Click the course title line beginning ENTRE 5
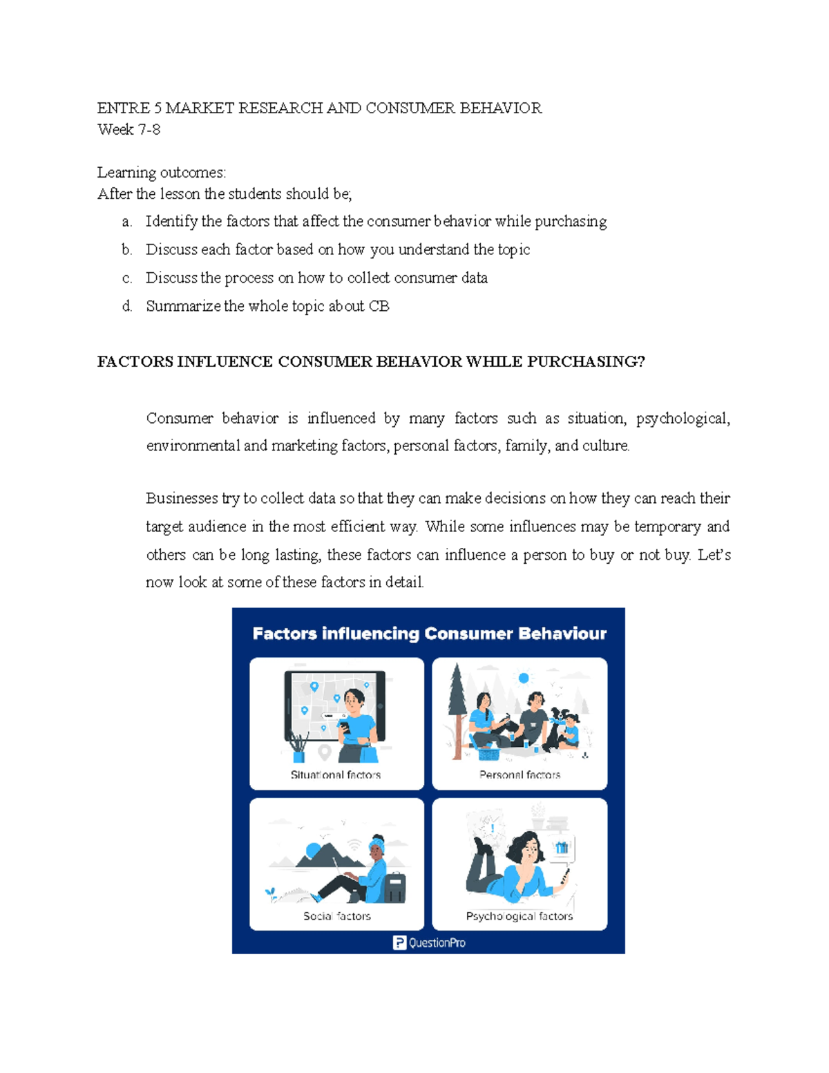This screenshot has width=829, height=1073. coord(319,108)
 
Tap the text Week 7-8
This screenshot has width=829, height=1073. coord(128,129)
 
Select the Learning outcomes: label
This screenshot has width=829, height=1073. coord(161,172)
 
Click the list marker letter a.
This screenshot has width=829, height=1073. coord(126,222)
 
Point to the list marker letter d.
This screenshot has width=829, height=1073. coord(126,306)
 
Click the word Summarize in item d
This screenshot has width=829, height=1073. coord(183,306)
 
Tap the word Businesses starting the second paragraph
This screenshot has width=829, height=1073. coord(182,498)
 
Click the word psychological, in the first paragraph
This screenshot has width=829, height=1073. coord(682,418)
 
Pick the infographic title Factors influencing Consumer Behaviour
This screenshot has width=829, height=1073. coord(429,634)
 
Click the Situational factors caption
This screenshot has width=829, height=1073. coord(336,775)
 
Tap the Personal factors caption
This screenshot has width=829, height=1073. coord(520,775)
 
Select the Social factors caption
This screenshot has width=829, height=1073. coord(337,916)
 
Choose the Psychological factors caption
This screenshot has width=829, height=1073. coord(520,916)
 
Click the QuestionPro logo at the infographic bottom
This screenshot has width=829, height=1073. coord(429,943)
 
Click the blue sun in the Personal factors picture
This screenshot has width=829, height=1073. coord(524,678)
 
